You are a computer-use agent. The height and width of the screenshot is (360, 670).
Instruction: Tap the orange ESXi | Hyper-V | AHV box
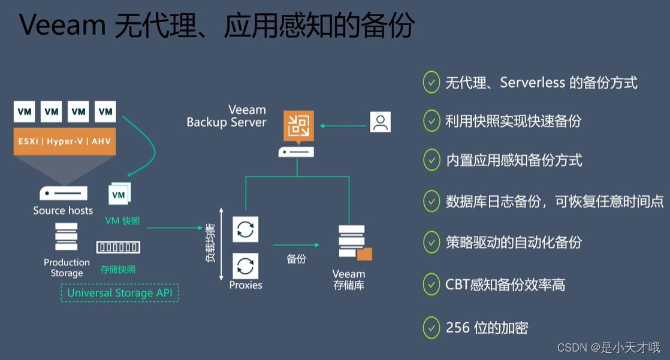(x=64, y=142)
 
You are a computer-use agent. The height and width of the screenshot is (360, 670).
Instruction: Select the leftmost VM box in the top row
(x=25, y=111)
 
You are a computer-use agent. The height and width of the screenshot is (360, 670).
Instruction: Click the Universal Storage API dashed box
(x=119, y=293)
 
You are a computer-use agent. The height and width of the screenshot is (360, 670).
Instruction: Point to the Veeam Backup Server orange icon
(x=298, y=125)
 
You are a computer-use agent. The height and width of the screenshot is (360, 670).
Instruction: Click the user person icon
(x=380, y=122)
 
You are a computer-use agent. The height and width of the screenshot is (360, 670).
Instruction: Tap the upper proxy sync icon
(x=245, y=229)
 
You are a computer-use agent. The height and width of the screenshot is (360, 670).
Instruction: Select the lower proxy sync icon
(x=245, y=265)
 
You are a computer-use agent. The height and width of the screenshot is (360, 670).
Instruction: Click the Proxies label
(x=246, y=285)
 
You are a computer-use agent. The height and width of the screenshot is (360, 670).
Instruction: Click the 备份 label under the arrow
(x=296, y=259)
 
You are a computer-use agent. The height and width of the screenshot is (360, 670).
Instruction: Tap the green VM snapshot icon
(x=119, y=194)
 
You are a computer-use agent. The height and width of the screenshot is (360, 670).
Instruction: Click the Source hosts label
(x=63, y=210)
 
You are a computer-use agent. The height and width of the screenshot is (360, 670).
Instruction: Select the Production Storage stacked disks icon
(x=66, y=237)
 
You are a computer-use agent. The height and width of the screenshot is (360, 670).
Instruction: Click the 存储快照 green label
(x=118, y=270)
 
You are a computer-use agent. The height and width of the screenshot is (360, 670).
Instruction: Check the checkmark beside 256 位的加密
(x=431, y=327)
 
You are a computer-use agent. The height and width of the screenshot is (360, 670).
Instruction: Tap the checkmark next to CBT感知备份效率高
(x=431, y=285)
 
